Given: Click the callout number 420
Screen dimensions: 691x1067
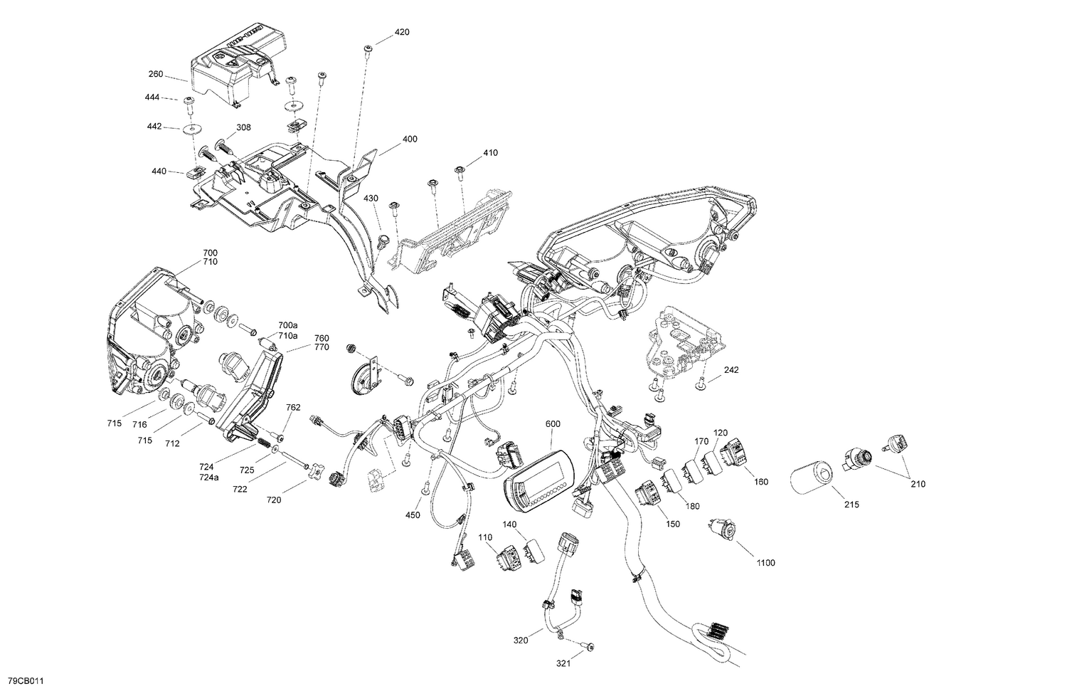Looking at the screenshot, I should pyautogui.click(x=402, y=32).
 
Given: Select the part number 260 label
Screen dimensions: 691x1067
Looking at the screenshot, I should pyautogui.click(x=156, y=74).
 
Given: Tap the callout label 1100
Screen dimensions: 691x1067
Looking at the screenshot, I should pyautogui.click(x=765, y=563).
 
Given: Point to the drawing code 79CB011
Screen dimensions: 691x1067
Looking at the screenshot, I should pyautogui.click(x=22, y=681).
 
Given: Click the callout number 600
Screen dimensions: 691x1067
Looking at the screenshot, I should pyautogui.click(x=553, y=424).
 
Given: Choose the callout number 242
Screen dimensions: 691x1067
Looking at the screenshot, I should pyautogui.click(x=731, y=370).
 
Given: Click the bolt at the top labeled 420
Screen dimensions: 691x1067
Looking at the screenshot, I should pyautogui.click(x=368, y=48).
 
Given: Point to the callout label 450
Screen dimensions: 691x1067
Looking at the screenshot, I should pyautogui.click(x=413, y=515).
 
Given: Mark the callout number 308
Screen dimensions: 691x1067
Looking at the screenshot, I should pyautogui.click(x=224, y=128).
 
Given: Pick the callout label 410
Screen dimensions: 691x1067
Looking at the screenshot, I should pyautogui.click(x=490, y=152).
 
